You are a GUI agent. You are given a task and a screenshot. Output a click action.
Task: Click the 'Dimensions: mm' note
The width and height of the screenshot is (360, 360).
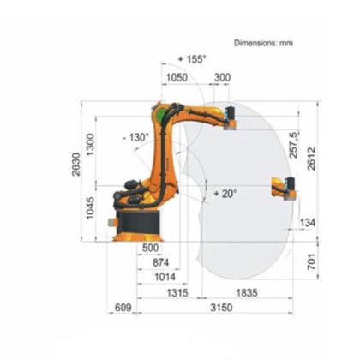click(263, 41)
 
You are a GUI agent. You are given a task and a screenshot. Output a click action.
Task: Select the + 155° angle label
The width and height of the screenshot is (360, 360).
click(193, 58)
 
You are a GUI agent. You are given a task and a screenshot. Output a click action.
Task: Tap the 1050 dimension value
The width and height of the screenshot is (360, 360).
click(176, 77)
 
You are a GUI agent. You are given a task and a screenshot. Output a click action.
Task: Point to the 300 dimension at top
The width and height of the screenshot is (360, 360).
click(222, 77)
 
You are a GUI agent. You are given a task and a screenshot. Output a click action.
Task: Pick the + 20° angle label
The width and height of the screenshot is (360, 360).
click(225, 194)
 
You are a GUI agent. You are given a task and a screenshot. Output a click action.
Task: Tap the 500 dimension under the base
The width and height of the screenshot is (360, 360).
click(150, 248)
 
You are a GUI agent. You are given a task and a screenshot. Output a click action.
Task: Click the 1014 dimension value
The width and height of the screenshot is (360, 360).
click(164, 278)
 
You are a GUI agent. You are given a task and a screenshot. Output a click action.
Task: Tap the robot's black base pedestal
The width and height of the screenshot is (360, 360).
click(137, 225)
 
